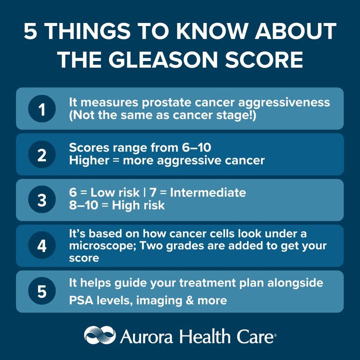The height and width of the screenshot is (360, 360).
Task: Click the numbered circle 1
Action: (42, 108)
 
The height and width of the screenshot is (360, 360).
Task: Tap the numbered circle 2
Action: (42, 154)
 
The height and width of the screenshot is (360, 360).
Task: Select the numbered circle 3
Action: (42, 199)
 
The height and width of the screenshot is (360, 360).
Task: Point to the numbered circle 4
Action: (42, 245)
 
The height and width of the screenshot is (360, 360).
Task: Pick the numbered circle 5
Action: (42, 291)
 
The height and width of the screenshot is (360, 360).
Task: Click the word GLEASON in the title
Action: (162, 59)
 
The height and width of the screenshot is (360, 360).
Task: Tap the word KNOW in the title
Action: (212, 31)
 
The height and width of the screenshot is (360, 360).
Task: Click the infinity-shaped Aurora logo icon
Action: (100, 335)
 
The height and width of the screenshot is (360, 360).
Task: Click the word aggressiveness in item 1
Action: (284, 103)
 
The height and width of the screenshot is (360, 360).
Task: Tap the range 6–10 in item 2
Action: (196, 147)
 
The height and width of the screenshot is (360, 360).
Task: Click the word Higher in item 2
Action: (89, 160)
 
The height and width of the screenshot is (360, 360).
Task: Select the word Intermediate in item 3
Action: (208, 192)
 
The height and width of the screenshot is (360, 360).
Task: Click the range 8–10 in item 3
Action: (83, 205)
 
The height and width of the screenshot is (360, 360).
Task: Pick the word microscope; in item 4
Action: (102, 246)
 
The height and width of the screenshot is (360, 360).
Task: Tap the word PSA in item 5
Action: (81, 300)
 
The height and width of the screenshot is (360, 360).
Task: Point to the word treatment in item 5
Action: (207, 283)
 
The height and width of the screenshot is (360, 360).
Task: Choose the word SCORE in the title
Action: (264, 59)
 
